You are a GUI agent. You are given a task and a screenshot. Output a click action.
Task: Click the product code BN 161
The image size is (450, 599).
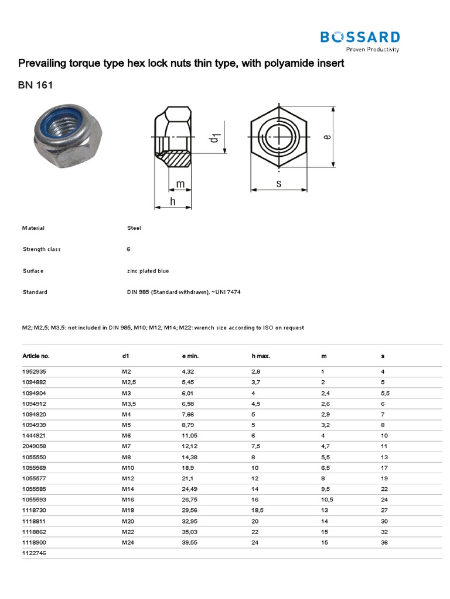click(36, 85)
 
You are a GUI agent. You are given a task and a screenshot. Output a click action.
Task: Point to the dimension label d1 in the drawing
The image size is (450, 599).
click(214, 138)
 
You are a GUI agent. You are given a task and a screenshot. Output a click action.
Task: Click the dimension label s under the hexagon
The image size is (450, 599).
click(279, 184)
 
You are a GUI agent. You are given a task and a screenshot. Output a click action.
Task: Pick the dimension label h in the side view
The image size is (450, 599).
click(173, 201)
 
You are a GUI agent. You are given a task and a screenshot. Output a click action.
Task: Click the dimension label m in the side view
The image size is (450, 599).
click(180, 184)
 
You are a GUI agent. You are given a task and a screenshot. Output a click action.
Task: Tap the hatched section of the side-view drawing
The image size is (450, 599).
click(180, 159)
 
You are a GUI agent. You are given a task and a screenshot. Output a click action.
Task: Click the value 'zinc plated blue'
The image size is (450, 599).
click(148, 271)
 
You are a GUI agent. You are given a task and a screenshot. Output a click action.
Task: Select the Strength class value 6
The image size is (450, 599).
click(128, 249)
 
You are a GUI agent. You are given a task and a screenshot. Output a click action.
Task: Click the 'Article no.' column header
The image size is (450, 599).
click(36, 356)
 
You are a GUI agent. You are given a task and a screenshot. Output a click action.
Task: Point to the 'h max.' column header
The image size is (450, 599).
click(260, 356)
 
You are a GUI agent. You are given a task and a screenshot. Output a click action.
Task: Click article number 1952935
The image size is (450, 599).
click(33, 372)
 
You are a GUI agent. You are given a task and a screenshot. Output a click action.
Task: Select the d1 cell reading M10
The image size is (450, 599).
click(128, 468)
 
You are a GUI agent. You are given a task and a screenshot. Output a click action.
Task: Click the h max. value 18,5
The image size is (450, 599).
click(257, 511)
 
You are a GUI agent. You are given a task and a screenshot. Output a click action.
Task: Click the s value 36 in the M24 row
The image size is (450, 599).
click(384, 542)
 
